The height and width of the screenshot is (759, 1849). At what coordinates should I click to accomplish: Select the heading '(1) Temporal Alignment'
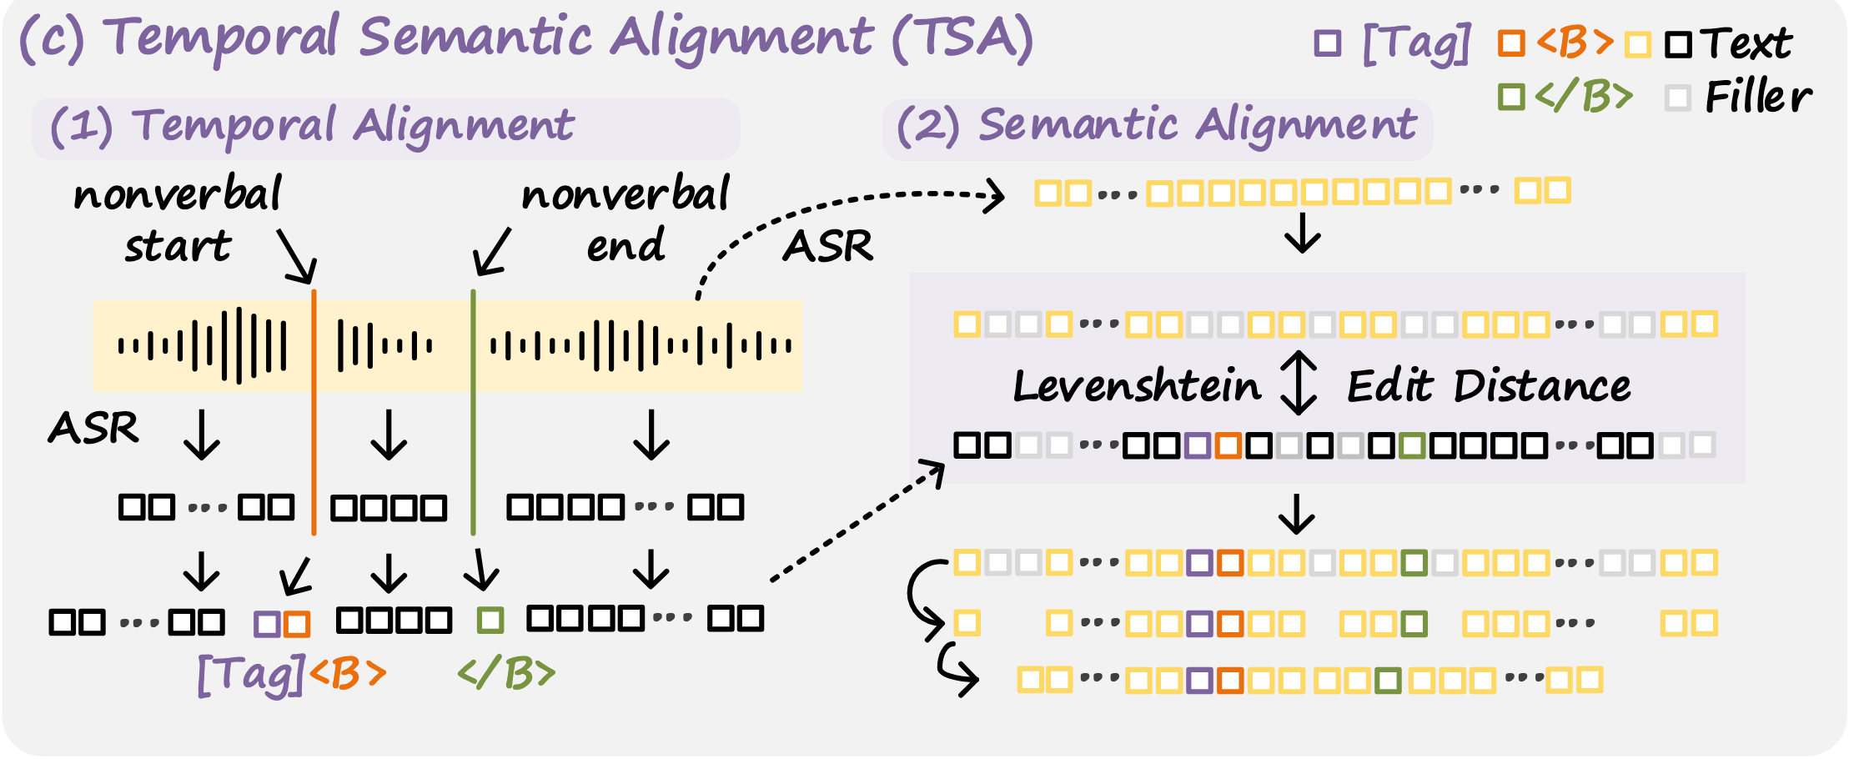point(312,127)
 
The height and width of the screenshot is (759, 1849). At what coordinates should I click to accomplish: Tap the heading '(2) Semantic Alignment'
point(1156,127)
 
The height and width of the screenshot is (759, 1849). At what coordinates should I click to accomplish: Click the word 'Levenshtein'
point(1136,387)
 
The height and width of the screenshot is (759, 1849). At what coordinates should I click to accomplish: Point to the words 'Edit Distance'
point(1489,387)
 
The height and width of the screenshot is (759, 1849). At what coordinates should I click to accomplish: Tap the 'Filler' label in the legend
point(1758,97)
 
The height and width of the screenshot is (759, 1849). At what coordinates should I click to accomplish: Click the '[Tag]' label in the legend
point(1416,43)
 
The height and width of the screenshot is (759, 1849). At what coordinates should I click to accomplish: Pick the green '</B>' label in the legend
point(1583,97)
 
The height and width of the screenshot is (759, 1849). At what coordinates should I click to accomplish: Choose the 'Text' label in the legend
point(1746,43)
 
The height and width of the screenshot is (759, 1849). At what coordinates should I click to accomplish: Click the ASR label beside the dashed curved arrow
point(827,247)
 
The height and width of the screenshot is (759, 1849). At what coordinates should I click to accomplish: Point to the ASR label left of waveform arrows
point(93,429)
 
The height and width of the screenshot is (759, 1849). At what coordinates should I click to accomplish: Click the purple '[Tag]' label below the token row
point(250,674)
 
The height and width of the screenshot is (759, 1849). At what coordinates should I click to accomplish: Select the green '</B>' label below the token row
point(506,674)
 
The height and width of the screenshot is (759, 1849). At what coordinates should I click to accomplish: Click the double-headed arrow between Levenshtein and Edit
point(1299,383)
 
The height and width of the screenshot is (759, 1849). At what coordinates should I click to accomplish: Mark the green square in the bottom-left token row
point(490,621)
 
